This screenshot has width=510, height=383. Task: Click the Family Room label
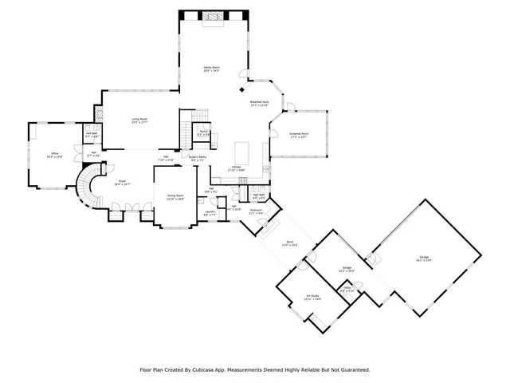pos(211,69)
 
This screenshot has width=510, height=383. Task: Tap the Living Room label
pos(140,120)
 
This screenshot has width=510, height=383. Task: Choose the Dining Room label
pos(175,196)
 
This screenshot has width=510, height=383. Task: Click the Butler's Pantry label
pos(197,158)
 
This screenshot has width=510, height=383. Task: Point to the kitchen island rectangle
pos(241,150)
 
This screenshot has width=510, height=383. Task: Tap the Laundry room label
pos(210,212)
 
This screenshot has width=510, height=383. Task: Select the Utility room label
pos(346,290)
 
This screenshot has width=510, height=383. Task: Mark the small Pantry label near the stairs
pos(204,132)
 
